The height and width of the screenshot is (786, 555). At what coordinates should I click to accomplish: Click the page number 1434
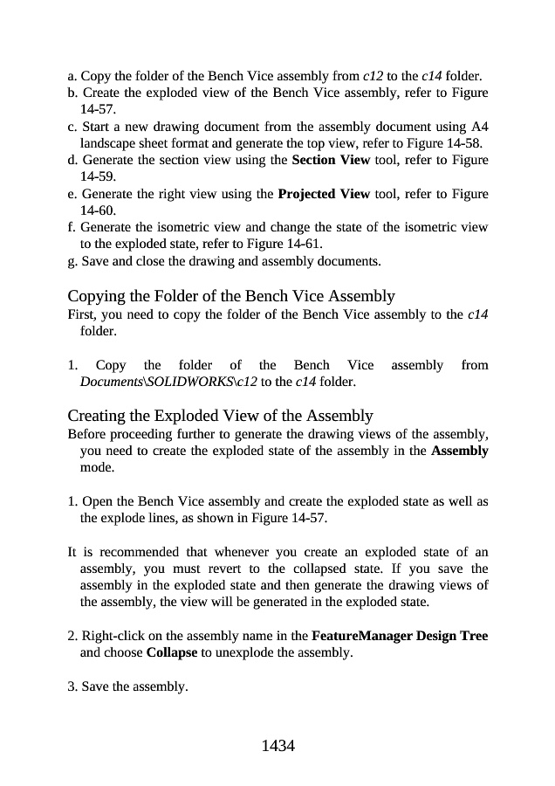coord(277,746)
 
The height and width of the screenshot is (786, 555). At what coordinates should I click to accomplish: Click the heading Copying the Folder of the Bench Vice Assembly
coord(231,296)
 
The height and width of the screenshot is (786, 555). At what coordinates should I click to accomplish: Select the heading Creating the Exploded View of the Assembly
coord(220,416)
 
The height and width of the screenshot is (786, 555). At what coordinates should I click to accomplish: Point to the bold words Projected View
coord(324,193)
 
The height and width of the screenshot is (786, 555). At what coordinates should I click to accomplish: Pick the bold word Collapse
coord(172,652)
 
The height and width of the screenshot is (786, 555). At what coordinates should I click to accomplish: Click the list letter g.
coord(72,261)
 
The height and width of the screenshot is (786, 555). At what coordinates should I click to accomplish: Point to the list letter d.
coord(72,160)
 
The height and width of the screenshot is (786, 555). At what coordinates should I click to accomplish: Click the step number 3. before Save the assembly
coord(72,686)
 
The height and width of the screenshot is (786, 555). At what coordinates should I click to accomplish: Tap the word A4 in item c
coord(479,127)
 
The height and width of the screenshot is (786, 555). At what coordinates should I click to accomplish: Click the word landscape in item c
coord(106,143)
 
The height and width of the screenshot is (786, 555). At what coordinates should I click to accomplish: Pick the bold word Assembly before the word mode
coord(460,451)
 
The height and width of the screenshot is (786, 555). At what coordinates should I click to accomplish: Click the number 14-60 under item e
coord(97,210)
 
